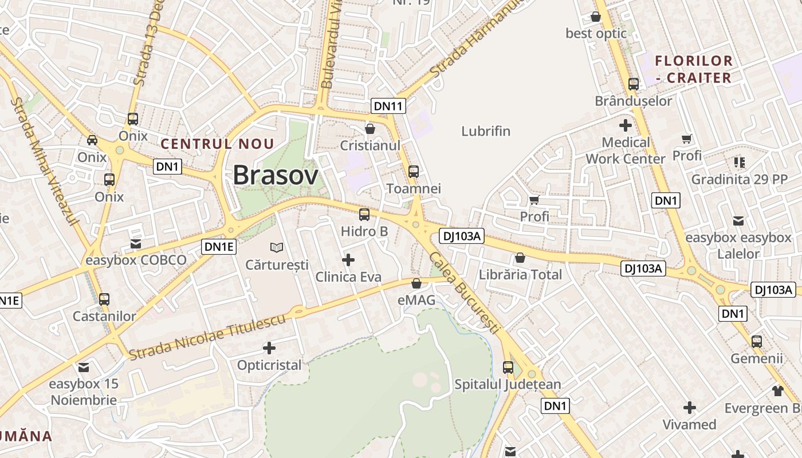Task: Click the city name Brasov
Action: [275, 175]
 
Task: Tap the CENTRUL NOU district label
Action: [217, 144]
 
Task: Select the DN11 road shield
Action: [388, 105]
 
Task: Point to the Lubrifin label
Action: [486, 131]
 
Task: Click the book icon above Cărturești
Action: [277, 247]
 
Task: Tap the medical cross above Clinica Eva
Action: [348, 260]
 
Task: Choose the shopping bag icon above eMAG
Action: [416, 283]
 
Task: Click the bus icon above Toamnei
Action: [413, 171]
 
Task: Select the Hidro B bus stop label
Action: [364, 231]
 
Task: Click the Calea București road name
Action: [464, 293]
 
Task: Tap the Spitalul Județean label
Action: [508, 384]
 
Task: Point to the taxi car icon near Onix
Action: [92, 140]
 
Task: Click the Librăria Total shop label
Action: [520, 274]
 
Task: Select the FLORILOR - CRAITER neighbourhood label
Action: [693, 69]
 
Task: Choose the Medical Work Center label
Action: [626, 151]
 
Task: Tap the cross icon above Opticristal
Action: [269, 348]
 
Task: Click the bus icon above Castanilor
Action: [104, 299]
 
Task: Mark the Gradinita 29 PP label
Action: [739, 179]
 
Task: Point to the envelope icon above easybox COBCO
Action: [136, 244]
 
